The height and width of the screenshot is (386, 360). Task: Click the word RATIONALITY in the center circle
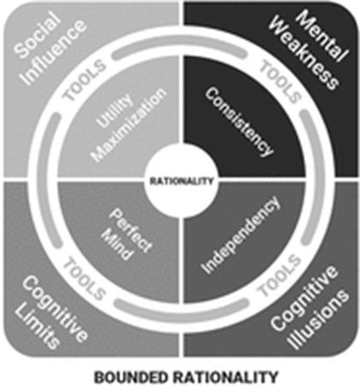tap(182, 181)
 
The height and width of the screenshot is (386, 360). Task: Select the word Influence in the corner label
tap(54, 53)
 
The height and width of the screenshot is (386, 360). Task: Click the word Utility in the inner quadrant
tap(115, 111)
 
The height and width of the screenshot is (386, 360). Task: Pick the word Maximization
tap(129, 125)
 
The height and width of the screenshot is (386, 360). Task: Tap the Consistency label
tap(239, 122)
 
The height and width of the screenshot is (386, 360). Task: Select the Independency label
tap(240, 234)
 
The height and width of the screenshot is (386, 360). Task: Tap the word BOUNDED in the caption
tap(131, 377)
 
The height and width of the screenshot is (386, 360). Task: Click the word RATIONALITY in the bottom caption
tap(224, 377)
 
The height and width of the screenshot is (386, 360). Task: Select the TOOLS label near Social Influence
tap(84, 81)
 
